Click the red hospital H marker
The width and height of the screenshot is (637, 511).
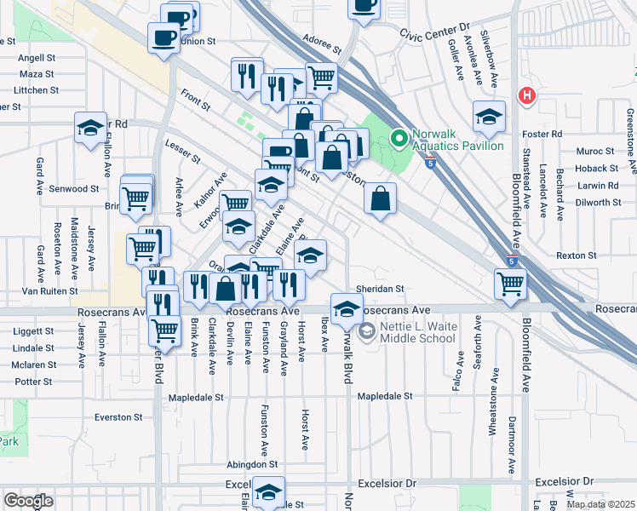(527, 95)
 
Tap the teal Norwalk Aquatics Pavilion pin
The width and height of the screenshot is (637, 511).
(398, 137)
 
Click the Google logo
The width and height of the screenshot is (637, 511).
(28, 501)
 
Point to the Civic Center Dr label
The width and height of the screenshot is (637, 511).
(434, 31)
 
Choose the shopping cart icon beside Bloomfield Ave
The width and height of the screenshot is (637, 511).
(510, 284)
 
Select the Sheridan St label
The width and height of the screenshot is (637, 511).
(379, 289)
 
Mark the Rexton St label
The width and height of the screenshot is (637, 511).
(576, 255)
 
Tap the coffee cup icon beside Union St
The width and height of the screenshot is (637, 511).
(164, 37)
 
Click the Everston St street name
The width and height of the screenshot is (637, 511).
(118, 417)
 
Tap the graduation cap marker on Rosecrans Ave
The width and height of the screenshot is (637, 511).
(346, 310)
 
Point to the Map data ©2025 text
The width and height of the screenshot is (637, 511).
(600, 504)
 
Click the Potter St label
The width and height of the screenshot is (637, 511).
(33, 381)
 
